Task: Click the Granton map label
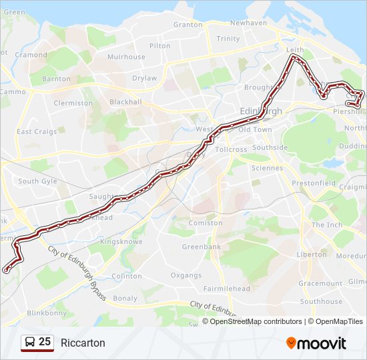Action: pyautogui.click(x=188, y=25)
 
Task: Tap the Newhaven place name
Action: pyautogui.click(x=248, y=22)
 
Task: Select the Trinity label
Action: pyautogui.click(x=228, y=39)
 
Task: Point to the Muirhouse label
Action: pyautogui.click(x=126, y=57)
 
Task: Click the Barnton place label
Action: pyautogui.click(x=56, y=79)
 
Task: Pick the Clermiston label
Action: pyautogui.click(x=73, y=103)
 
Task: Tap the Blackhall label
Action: pyautogui.click(x=126, y=102)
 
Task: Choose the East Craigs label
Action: pyautogui.click(x=37, y=131)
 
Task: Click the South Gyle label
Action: pyautogui.click(x=37, y=181)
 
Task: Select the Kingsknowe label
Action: pyautogui.click(x=121, y=241)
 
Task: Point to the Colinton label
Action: pyautogui.click(x=127, y=275)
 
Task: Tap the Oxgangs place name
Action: pyautogui.click(x=186, y=275)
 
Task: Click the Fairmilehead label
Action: pyautogui.click(x=227, y=289)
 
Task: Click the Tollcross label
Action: pyautogui.click(x=232, y=149)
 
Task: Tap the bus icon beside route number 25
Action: pyautogui.click(x=30, y=343)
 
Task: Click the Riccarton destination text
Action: pyautogui.click(x=83, y=343)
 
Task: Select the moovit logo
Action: pyautogui.click(x=316, y=343)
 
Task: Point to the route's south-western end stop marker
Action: pyautogui.click(x=6, y=270)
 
